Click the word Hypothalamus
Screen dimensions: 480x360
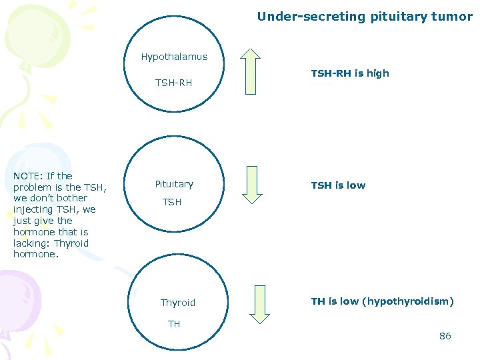click(x=174, y=57)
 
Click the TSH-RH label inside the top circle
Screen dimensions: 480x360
click(x=173, y=83)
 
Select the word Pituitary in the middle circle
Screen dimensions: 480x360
click(x=174, y=184)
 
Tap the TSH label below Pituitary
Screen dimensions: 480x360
click(x=172, y=202)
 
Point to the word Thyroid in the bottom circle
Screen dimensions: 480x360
click(x=178, y=303)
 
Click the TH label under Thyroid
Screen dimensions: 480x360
click(x=174, y=324)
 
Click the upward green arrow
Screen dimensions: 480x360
click(x=253, y=71)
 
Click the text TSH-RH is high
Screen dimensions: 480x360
click(x=350, y=73)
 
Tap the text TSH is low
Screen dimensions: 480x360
click(x=338, y=185)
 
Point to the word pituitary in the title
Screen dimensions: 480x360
click(x=396, y=17)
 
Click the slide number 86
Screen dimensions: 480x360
click(x=445, y=336)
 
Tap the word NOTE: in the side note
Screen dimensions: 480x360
click(x=29, y=176)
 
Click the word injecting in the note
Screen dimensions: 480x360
click(x=34, y=209)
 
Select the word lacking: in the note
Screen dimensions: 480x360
click(x=32, y=243)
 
